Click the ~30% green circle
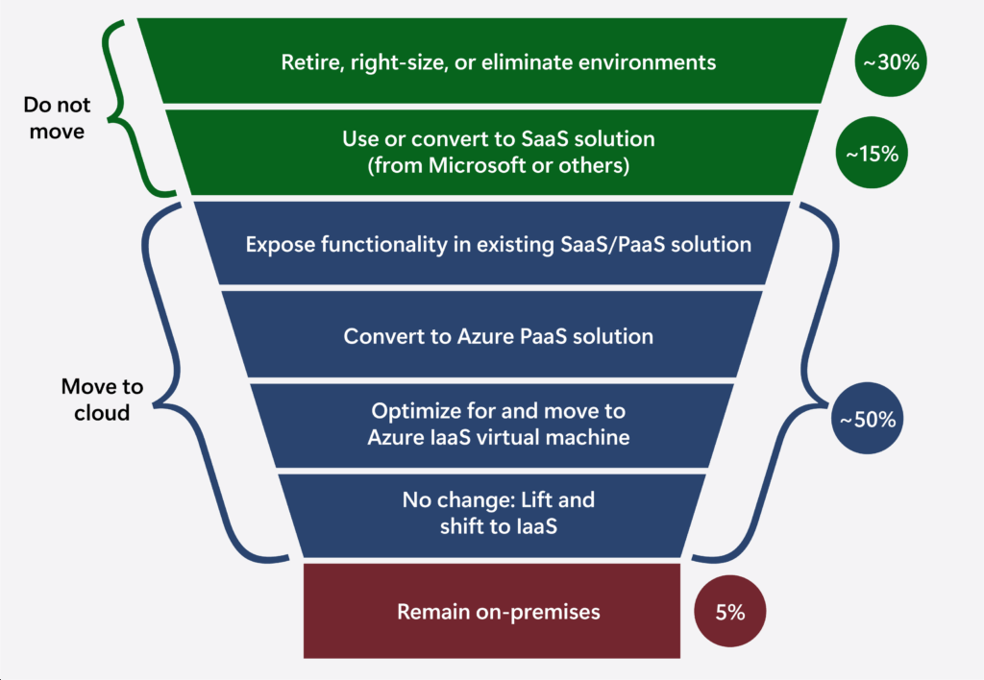pyautogui.click(x=890, y=62)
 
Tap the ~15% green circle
pyautogui.click(x=873, y=152)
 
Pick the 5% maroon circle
pyautogui.click(x=730, y=612)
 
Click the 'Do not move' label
pyautogui.click(x=58, y=118)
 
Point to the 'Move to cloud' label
pyautogui.click(x=102, y=400)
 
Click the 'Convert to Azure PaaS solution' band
pyautogui.click(x=498, y=336)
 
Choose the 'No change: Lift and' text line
pyautogui.click(x=498, y=499)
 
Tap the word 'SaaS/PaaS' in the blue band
pyautogui.click(x=612, y=244)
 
